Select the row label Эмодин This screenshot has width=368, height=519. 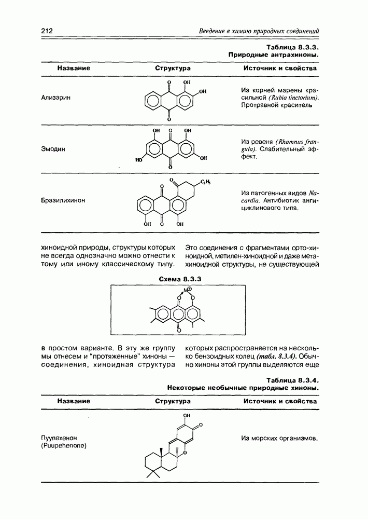53,149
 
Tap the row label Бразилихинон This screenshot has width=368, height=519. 63,199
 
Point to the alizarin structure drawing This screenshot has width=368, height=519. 169,100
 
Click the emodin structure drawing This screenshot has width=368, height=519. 169,149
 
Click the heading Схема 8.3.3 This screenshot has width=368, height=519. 179,279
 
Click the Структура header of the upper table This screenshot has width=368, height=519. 173,69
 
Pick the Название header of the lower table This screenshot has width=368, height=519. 74,401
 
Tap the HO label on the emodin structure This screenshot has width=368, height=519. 138,160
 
